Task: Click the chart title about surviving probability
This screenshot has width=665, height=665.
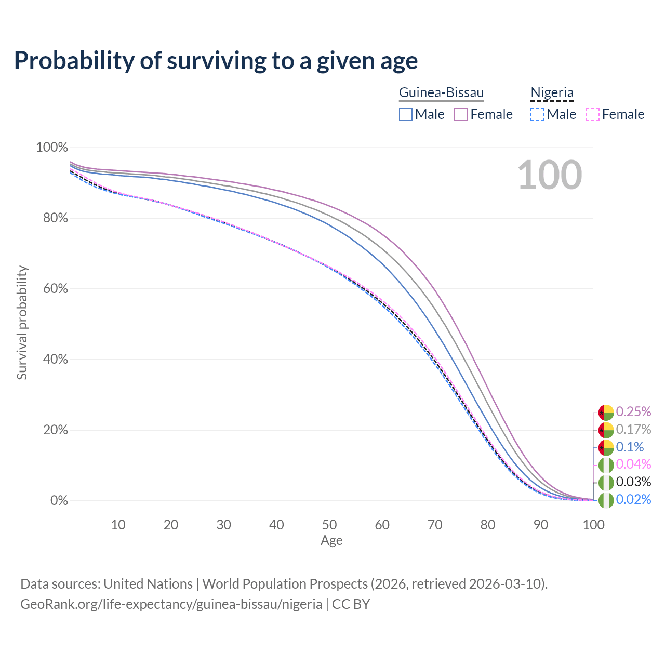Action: coord(216,61)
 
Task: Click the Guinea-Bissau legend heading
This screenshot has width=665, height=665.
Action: coord(441,93)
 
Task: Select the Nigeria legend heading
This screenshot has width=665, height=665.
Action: coord(552,93)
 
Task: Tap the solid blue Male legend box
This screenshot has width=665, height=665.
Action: coord(406,114)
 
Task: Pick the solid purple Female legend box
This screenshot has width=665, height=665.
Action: coord(461,114)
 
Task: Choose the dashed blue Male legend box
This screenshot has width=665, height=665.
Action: coord(537,114)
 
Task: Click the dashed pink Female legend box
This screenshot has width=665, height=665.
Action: coord(593,114)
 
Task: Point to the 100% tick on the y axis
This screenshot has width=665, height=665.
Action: coord(52,148)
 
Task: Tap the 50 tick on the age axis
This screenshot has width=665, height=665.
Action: coord(329,525)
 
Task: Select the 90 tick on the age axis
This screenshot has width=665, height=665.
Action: coord(541,525)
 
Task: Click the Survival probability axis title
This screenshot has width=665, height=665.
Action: coord(22,323)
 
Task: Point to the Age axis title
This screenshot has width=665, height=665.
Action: coord(331,541)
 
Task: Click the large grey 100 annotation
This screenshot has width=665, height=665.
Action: coord(550,175)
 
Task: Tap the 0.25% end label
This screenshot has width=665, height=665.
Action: coord(633,411)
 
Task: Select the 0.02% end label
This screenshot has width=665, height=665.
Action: coord(633,499)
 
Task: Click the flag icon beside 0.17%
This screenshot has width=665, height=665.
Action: coord(606,430)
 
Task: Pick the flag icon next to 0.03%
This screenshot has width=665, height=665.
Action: coord(606,483)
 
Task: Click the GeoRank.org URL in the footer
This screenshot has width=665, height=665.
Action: coord(171,604)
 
